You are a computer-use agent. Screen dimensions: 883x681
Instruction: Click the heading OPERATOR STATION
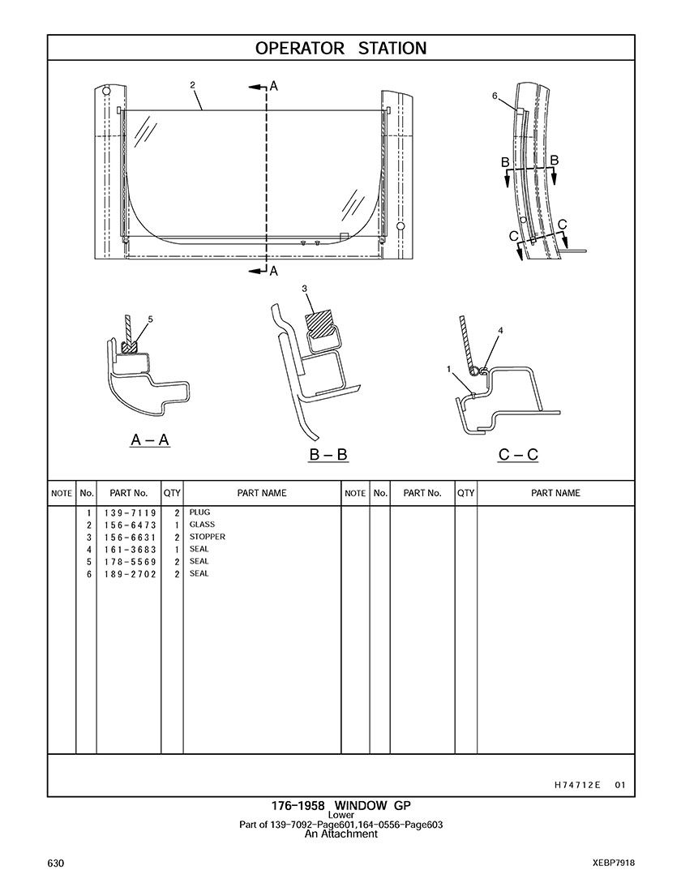340,48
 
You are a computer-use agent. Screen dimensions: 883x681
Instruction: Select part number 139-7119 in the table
130,513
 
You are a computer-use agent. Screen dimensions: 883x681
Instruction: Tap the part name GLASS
202,525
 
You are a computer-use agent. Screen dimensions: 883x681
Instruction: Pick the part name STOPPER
208,537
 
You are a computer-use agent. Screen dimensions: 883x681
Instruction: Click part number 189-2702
130,573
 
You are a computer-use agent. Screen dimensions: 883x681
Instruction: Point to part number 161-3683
130,549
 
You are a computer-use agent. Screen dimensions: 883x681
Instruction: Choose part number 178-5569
130,561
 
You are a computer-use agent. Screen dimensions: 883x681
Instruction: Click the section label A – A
150,440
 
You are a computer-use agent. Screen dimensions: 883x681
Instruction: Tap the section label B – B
328,455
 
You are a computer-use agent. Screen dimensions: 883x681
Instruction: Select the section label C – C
518,455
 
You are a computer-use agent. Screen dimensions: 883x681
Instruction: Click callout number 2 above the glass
192,84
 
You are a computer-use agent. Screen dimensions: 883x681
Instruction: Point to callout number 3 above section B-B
304,289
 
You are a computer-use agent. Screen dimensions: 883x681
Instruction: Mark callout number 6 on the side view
495,96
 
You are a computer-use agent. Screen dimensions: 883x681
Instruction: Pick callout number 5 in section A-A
150,319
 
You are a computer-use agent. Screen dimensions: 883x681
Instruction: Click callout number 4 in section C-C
500,331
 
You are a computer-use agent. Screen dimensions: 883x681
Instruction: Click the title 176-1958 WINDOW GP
340,806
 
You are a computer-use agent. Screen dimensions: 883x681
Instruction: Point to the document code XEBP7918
613,862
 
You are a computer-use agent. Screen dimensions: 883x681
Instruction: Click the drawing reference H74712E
578,784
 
